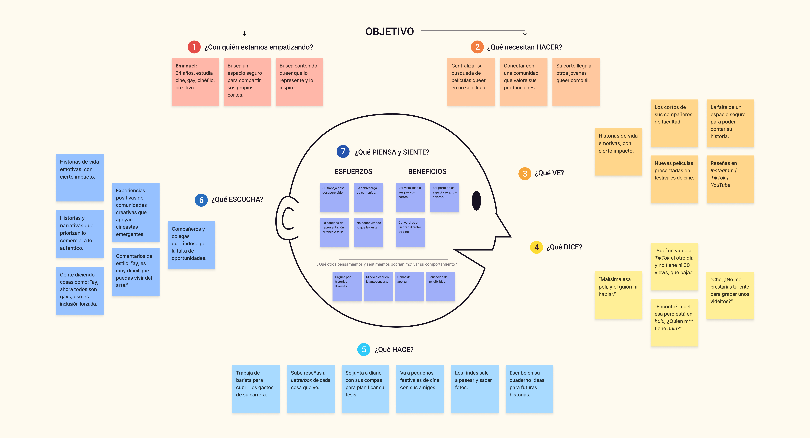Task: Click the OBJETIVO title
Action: pos(389,31)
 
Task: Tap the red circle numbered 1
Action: pos(194,47)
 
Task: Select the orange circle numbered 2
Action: pos(477,47)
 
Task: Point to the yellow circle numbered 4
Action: pos(536,247)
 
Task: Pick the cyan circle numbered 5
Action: pos(364,349)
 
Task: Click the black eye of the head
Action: pos(476,201)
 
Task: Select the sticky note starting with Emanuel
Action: pos(195,82)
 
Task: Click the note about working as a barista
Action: pos(256,389)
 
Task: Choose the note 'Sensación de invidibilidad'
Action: pos(440,286)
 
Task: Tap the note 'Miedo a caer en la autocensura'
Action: pos(378,286)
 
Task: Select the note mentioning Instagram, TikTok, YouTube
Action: pos(730,179)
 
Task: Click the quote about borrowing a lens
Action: pos(730,296)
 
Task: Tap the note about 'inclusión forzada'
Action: pos(80,290)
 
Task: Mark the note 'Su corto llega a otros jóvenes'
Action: pos(576,82)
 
